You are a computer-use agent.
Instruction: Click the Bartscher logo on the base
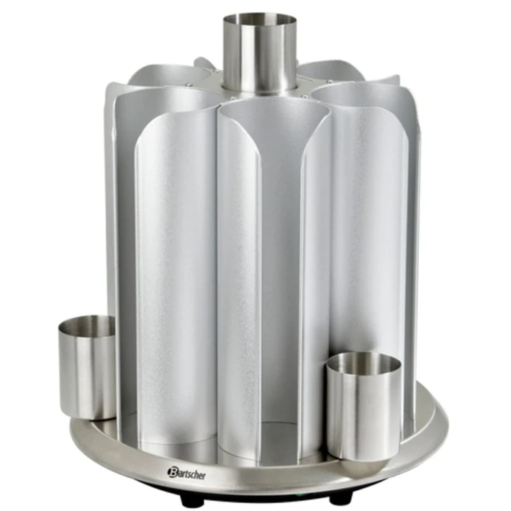pyautogui.click(x=186, y=474)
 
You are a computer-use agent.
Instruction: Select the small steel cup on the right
pyautogui.click(x=363, y=406)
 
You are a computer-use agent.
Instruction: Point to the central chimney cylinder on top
pyautogui.click(x=260, y=55)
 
